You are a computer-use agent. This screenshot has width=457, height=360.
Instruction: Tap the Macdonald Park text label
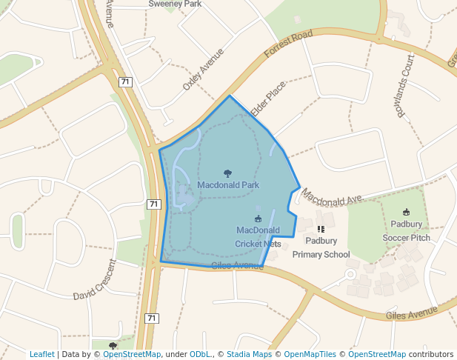click(x=228, y=184)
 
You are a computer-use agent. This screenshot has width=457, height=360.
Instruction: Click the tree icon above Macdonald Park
click(x=227, y=173)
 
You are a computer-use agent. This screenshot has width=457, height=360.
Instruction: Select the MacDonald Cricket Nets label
click(x=258, y=236)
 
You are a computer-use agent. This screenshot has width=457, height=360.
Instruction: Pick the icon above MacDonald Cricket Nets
click(x=258, y=219)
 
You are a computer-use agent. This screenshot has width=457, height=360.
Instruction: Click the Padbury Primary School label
click(x=321, y=247)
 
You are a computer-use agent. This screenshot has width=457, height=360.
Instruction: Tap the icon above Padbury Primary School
click(x=321, y=230)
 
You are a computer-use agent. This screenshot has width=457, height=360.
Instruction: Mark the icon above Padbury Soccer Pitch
click(x=406, y=213)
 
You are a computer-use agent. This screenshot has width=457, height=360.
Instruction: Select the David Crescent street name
click(x=95, y=280)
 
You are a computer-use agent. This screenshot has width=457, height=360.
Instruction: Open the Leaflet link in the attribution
click(x=41, y=354)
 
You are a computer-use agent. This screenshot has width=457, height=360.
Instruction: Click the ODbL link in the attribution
click(x=199, y=354)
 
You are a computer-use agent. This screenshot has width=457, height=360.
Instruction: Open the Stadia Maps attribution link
click(x=249, y=354)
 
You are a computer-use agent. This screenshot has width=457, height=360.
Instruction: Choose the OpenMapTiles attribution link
click(x=310, y=354)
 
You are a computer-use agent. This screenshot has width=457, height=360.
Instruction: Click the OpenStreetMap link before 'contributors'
click(x=377, y=354)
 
